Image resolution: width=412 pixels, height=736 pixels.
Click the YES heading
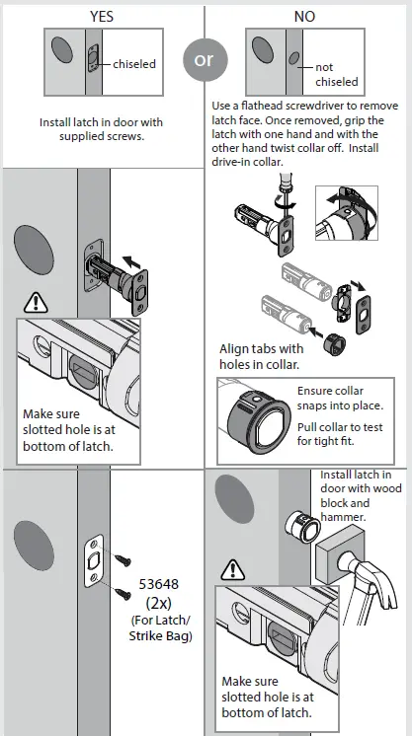(x=102, y=15)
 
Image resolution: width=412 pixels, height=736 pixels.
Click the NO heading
(x=305, y=15)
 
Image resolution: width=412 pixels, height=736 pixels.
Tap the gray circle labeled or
(x=204, y=59)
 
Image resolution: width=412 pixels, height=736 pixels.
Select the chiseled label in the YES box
(x=134, y=63)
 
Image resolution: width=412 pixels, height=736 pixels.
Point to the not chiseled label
(x=337, y=75)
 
